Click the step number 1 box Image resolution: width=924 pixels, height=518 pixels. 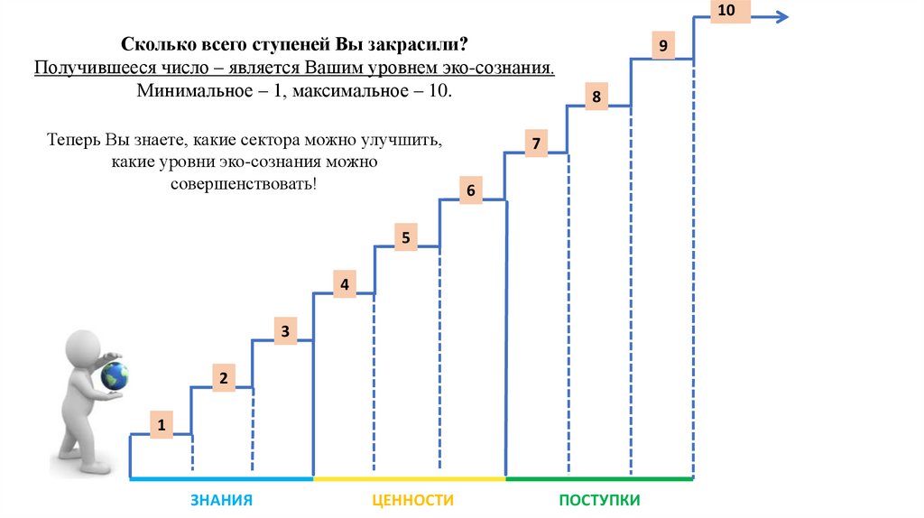pyautogui.click(x=162, y=424)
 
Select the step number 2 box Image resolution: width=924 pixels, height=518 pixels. pyautogui.click(x=224, y=377)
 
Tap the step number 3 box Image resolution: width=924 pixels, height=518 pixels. pyautogui.click(x=285, y=331)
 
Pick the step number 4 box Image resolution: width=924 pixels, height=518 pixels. pyautogui.click(x=344, y=284)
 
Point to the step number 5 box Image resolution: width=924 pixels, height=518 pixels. pyautogui.click(x=406, y=238)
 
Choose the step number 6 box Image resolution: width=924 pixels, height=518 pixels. pyautogui.click(x=470, y=190)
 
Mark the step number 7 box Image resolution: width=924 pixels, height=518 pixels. pyautogui.click(x=535, y=143)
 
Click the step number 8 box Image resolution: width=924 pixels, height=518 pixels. pyautogui.click(x=596, y=96)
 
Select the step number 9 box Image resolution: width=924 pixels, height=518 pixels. pyautogui.click(x=663, y=45)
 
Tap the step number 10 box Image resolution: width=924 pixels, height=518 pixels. pyautogui.click(x=729, y=12)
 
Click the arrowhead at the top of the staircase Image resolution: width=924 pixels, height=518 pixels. pyautogui.click(x=781, y=16)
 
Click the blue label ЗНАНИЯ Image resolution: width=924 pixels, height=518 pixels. pyautogui.click(x=221, y=500)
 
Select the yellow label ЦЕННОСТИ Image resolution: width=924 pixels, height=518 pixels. pyautogui.click(x=411, y=500)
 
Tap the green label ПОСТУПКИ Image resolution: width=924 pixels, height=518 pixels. pyautogui.click(x=599, y=500)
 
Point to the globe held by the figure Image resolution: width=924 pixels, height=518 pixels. pyautogui.click(x=115, y=375)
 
